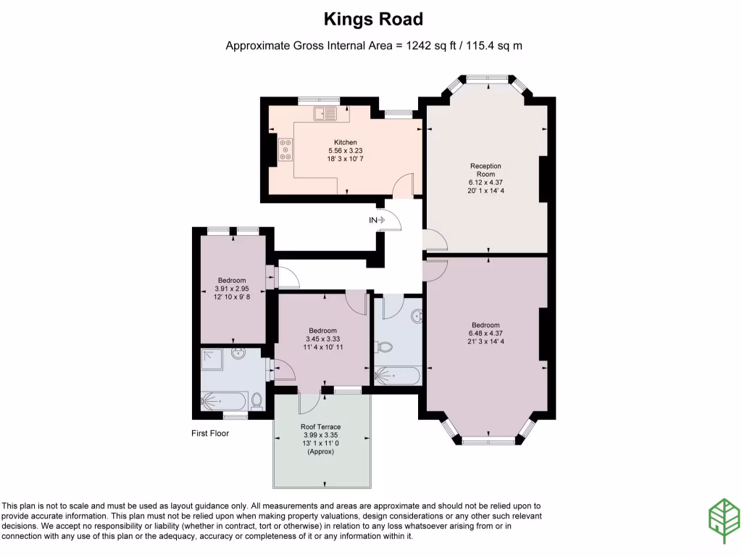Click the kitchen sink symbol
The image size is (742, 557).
(x=325, y=113)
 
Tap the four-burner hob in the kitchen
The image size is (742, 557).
(x=285, y=149)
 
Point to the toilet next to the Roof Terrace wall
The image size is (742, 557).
(x=256, y=401)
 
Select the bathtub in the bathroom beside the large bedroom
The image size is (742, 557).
(x=397, y=376)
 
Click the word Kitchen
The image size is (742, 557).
(x=345, y=142)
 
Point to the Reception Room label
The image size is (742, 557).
(x=485, y=170)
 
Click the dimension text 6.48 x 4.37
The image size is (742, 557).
(x=485, y=334)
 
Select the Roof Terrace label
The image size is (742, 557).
(x=321, y=427)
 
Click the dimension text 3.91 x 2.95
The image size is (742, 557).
(x=232, y=289)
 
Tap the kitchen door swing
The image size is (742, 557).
(x=403, y=184)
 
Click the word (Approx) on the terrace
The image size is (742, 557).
(x=321, y=451)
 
